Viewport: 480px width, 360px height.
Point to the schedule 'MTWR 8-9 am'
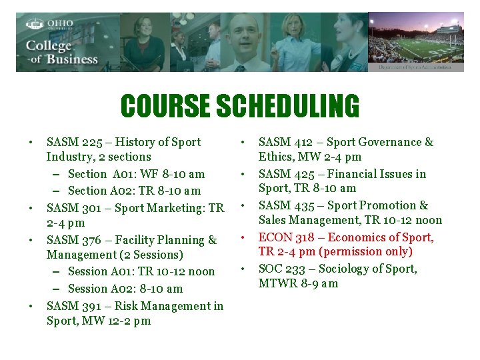(298, 283)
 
